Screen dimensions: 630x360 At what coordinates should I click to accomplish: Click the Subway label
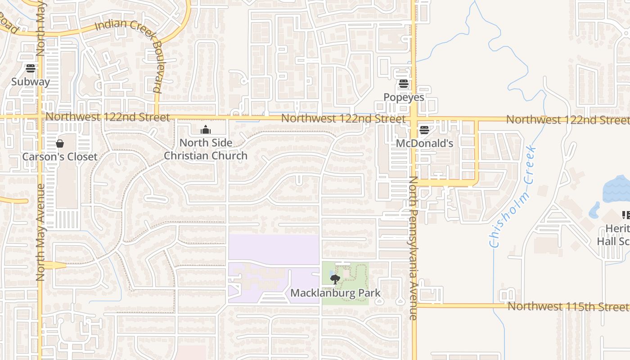31,82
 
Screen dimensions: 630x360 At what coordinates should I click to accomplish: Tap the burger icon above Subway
31,68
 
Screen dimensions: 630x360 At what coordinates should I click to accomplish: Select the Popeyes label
404,97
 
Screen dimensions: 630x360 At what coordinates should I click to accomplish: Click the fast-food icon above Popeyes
404,84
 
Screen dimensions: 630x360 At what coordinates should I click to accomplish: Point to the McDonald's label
424,144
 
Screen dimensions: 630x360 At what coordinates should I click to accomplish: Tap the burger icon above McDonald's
424,130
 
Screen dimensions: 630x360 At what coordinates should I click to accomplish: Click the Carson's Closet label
60,157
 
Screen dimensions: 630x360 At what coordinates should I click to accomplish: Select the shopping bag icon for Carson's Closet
60,144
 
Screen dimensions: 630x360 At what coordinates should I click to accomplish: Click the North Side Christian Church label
206,149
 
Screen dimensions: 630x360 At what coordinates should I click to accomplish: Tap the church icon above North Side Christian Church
206,130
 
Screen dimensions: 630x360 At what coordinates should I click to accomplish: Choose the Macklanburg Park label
335,293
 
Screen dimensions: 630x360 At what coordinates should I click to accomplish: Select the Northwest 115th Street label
568,306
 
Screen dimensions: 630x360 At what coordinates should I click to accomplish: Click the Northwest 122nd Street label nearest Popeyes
343,119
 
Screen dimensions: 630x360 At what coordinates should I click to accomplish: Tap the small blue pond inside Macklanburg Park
332,273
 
